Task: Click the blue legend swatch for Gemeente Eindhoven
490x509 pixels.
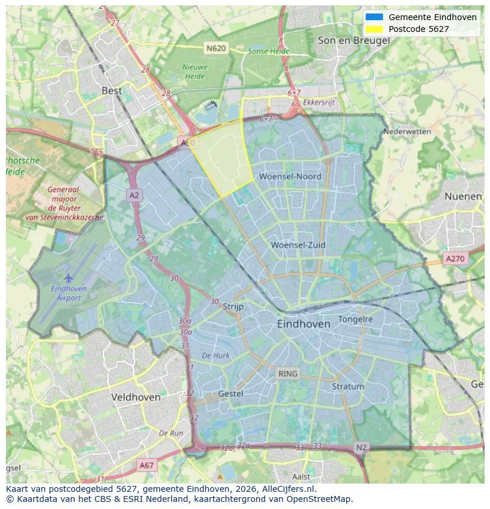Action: pyautogui.click(x=375, y=17)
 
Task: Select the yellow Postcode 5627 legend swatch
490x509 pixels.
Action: pyautogui.click(x=375, y=28)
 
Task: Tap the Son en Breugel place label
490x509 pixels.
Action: pyautogui.click(x=353, y=40)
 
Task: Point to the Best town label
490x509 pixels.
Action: pyautogui.click(x=112, y=90)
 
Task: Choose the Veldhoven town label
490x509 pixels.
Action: pyautogui.click(x=136, y=397)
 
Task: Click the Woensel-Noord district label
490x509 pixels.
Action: pyautogui.click(x=290, y=176)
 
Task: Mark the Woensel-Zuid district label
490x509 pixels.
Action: pyautogui.click(x=298, y=245)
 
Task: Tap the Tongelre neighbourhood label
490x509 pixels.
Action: pyautogui.click(x=356, y=319)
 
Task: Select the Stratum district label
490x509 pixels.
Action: pyautogui.click(x=348, y=386)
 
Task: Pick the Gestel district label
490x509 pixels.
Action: pyautogui.click(x=231, y=393)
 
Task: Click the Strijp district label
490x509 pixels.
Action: pyautogui.click(x=234, y=306)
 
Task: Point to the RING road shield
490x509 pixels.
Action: pyautogui.click(x=288, y=374)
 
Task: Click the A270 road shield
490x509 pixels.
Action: pyautogui.click(x=455, y=258)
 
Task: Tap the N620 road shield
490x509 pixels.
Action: pyautogui.click(x=216, y=48)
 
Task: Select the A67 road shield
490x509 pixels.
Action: pyautogui.click(x=146, y=465)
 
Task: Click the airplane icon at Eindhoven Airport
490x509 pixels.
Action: pyautogui.click(x=69, y=277)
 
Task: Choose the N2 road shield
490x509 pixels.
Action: pyautogui.click(x=361, y=448)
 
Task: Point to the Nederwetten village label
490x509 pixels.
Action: pyautogui.click(x=407, y=131)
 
